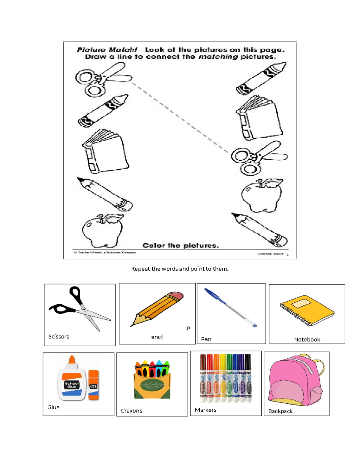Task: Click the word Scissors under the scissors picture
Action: [59, 337]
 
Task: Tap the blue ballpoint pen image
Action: [230, 308]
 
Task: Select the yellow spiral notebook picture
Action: [307, 310]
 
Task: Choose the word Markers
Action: [205, 410]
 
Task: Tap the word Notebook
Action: [307, 340]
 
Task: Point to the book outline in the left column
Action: [105, 152]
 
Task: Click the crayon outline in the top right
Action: [261, 78]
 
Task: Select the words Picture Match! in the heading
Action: [107, 50]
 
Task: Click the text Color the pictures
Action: [181, 245]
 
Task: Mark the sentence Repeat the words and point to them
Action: [180, 269]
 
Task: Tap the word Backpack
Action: [280, 411]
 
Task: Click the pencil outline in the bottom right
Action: [259, 230]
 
